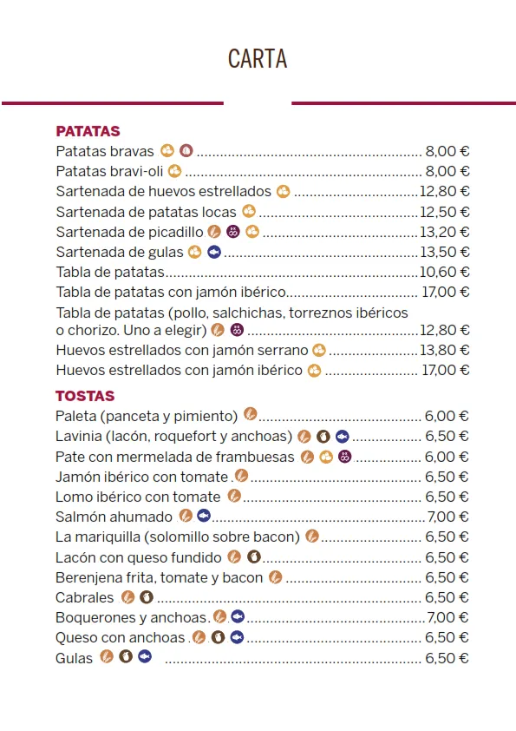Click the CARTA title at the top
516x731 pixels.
point(258,59)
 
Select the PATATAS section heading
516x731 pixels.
point(88,132)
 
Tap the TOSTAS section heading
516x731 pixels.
point(85,397)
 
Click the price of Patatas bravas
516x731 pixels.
point(447,151)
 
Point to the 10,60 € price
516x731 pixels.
point(444,272)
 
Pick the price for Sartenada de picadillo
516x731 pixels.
point(444,232)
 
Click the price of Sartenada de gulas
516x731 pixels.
point(444,252)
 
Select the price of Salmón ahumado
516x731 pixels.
point(448,517)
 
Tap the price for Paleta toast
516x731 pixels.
point(447,416)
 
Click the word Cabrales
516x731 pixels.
point(84,597)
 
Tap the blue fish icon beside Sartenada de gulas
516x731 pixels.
point(214,252)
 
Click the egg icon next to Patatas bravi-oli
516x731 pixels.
point(174,171)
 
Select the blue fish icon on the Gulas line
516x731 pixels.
point(145,657)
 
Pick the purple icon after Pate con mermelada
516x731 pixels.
point(344,457)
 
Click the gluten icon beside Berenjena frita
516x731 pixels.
point(275,576)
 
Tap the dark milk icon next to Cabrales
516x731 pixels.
point(147,596)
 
